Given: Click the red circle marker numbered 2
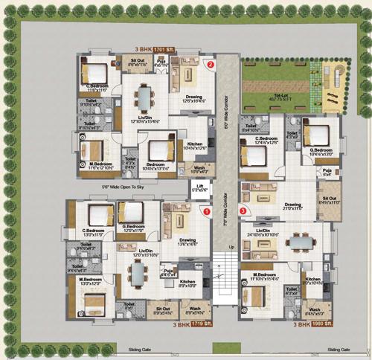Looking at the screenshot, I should (x=211, y=65).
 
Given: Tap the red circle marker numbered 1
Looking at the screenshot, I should (x=206, y=212).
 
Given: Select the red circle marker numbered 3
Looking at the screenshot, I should (x=243, y=210).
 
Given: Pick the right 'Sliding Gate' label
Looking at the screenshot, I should (x=339, y=348).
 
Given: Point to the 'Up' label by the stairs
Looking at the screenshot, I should (x=230, y=246).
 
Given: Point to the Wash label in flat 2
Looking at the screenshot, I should (x=199, y=167).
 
